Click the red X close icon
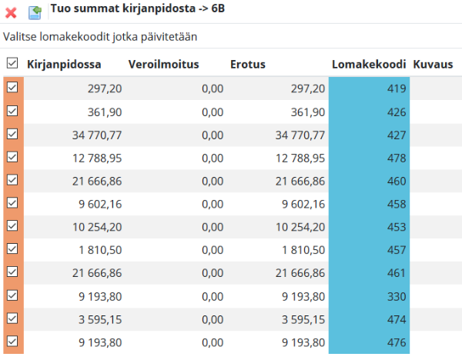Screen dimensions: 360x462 click(x=12, y=12)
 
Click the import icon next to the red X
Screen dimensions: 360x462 click(x=35, y=12)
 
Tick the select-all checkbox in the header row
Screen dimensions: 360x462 click(x=12, y=64)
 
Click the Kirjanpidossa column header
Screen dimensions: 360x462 click(x=64, y=65)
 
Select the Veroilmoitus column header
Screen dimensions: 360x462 click(x=164, y=65)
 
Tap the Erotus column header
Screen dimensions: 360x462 click(x=248, y=65)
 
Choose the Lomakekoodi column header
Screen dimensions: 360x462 click(x=369, y=65)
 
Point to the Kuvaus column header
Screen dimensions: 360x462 click(x=433, y=65)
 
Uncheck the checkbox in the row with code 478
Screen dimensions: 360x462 click(x=12, y=157)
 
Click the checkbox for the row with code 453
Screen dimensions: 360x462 click(x=12, y=225)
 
